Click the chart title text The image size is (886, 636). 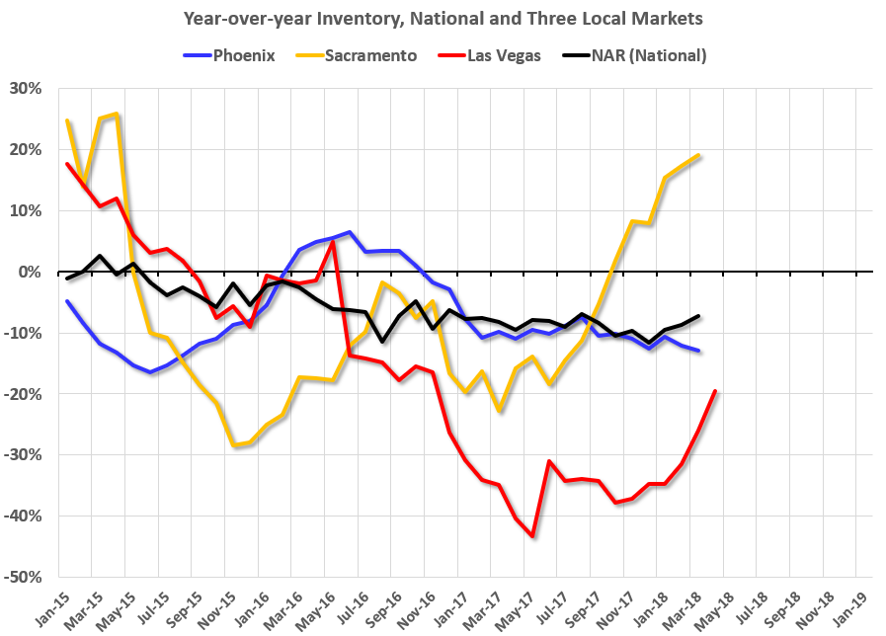[x=443, y=17]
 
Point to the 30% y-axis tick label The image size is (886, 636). [x=26, y=89]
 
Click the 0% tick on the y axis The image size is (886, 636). [x=30, y=272]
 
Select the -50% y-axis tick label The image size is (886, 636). [x=24, y=576]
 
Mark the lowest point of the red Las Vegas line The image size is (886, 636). [x=533, y=536]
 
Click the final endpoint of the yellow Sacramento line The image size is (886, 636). [x=699, y=154]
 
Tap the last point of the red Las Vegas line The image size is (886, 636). [x=715, y=392]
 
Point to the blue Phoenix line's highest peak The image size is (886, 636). [x=350, y=232]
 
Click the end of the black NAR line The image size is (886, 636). [x=699, y=316]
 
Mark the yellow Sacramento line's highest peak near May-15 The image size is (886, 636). [x=118, y=115]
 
